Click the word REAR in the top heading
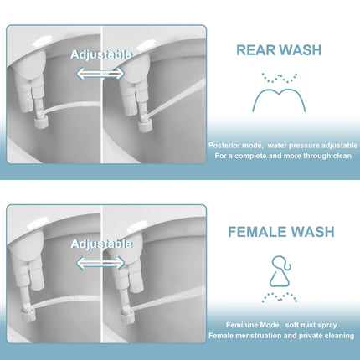click(x=256, y=50)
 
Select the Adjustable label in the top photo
click(x=100, y=54)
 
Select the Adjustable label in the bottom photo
click(x=100, y=244)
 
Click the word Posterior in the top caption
click(x=226, y=145)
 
